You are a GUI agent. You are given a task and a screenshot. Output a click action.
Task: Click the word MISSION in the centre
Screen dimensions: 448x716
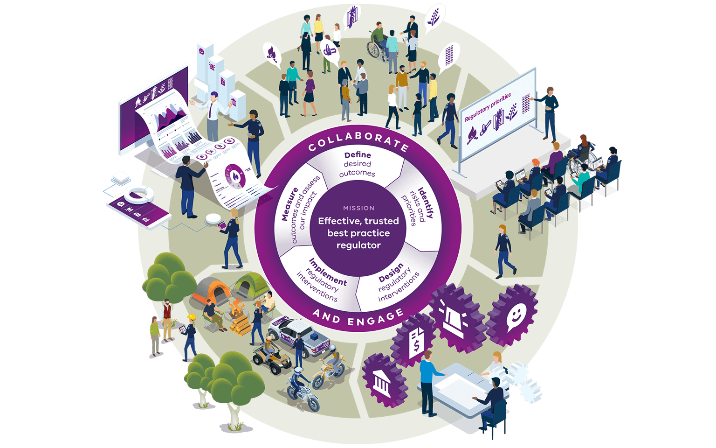358,208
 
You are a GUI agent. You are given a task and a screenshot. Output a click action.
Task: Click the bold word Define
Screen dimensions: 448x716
358,155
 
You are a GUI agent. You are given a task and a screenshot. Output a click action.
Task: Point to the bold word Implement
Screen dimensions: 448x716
328,272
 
